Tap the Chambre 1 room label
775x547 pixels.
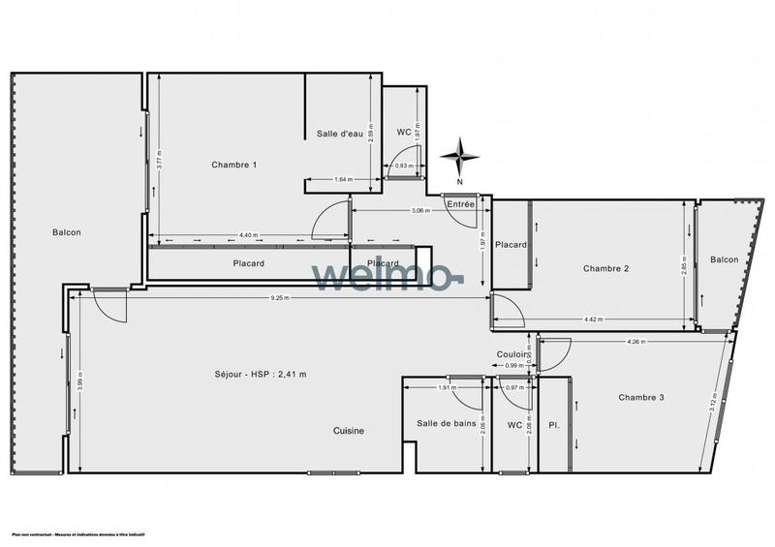tap(234, 165)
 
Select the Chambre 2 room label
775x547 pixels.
tap(606, 268)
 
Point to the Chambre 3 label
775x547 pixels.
tap(642, 397)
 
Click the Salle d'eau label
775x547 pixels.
tap(339, 134)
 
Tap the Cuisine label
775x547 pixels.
tap(349, 431)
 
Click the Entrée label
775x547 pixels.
tap(461, 203)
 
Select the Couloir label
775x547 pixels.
tap(511, 355)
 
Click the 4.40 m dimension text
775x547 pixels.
tap(248, 235)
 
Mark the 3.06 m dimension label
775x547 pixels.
tap(420, 210)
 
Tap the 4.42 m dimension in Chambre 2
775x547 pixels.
tap(593, 319)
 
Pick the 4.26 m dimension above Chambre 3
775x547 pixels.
tap(636, 341)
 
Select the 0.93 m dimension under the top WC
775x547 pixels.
tap(404, 167)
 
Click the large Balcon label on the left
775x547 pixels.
tap(67, 232)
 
